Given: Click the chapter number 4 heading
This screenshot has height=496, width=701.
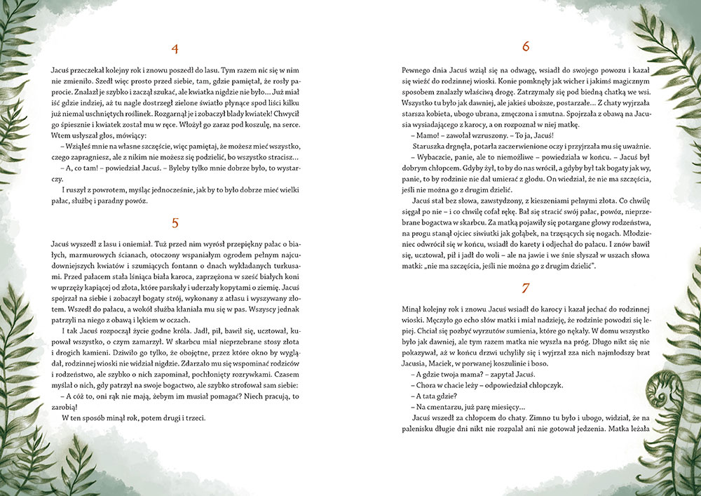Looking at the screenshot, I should click(x=175, y=48).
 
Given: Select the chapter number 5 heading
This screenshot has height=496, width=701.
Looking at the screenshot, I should click(x=175, y=223).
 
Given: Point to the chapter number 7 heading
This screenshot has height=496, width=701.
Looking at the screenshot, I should click(x=526, y=288).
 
